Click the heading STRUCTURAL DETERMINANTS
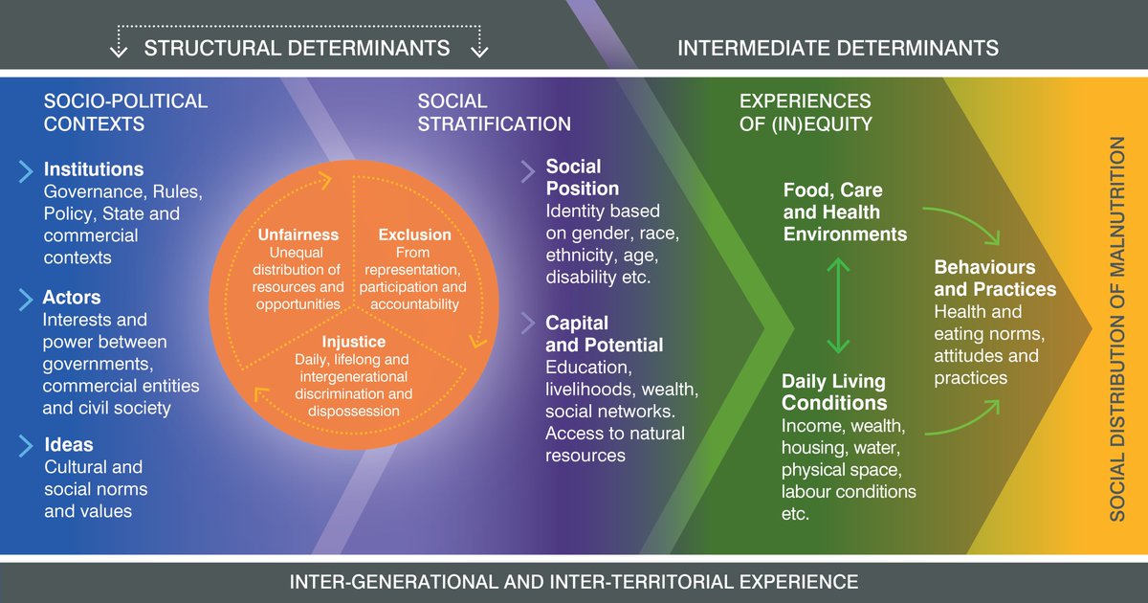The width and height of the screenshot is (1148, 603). tap(297, 48)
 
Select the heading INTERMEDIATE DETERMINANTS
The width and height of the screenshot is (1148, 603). tap(838, 48)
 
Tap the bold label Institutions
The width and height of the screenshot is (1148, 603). tap(94, 169)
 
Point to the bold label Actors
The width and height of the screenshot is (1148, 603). tap(72, 298)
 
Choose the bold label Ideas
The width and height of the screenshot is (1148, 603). tap(69, 445)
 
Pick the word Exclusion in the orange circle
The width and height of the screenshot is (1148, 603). tap(414, 234)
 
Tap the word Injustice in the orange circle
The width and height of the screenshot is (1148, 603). tap(354, 342)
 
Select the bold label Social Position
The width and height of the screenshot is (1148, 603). tap(583, 178)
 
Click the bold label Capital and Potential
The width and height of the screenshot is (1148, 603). tap(604, 333)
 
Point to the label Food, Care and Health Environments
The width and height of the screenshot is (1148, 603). tap(845, 212)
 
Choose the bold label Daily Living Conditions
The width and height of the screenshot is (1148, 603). tap(834, 392)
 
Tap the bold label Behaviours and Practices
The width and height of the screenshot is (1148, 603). tap(995, 278)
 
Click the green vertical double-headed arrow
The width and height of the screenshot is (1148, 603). tap(838, 304)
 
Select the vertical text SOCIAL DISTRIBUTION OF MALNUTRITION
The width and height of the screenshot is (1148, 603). tap(1117, 328)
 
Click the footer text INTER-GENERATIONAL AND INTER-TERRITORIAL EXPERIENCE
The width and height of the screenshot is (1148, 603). tap(574, 581)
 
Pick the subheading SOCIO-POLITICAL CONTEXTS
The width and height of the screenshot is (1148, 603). tap(125, 112)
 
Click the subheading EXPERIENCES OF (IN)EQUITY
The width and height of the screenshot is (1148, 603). tap(806, 112)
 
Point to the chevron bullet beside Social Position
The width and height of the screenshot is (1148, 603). tap(528, 171)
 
